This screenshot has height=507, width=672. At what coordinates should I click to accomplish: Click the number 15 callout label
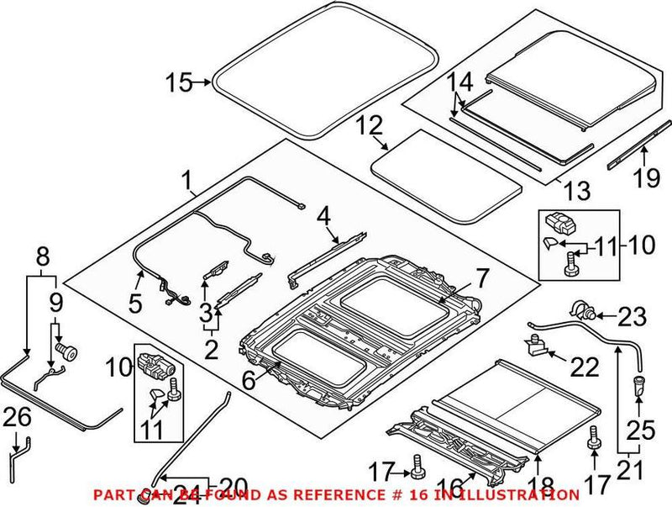pos(178,82)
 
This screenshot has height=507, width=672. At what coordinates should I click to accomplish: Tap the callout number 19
pos(643,177)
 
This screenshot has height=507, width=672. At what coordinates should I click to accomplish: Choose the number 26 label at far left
pos(16,415)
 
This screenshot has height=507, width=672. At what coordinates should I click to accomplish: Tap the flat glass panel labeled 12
pos(445,177)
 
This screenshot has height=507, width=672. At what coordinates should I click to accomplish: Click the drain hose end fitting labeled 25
pos(639,388)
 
